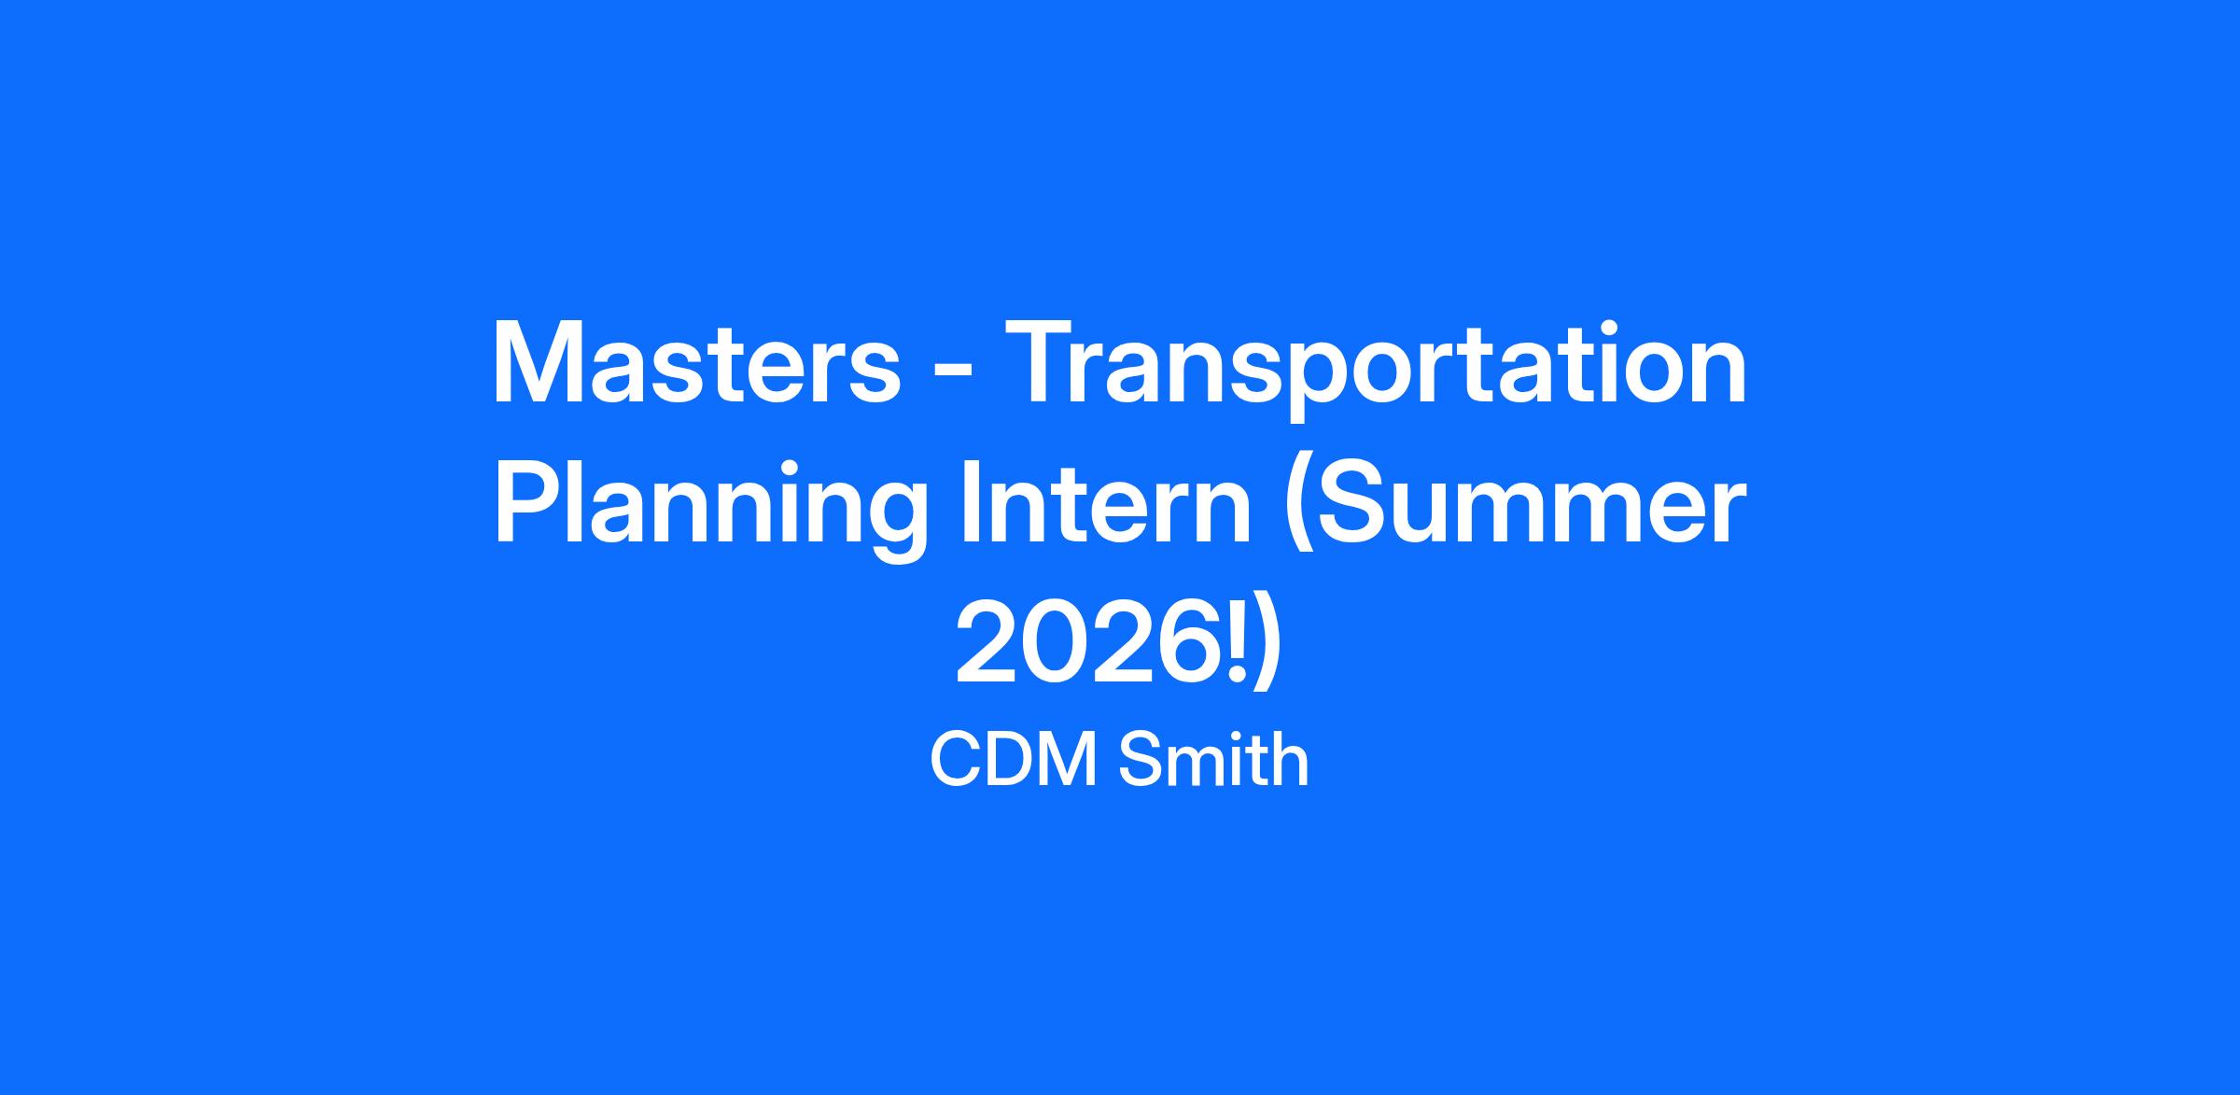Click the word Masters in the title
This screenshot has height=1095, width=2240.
(x=696, y=363)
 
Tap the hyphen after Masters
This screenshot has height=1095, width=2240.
(x=954, y=372)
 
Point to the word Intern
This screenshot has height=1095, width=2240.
(x=1105, y=504)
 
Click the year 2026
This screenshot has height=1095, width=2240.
(x=1091, y=643)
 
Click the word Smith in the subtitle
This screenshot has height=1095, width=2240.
(x=1214, y=760)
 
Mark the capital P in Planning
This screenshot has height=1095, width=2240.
(x=526, y=503)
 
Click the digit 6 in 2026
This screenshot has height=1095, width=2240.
(x=1194, y=643)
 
